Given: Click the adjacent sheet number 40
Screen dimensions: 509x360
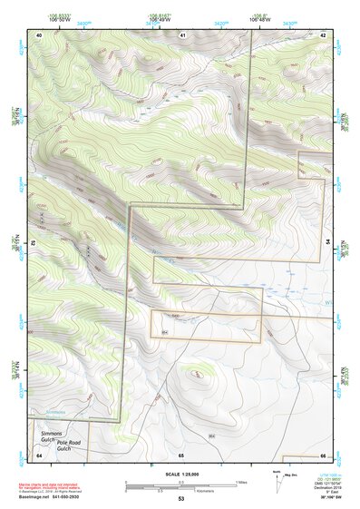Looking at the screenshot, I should click(39, 34).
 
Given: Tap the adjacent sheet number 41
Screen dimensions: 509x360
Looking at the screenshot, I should click(182, 34).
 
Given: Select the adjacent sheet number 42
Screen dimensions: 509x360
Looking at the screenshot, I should click(323, 34).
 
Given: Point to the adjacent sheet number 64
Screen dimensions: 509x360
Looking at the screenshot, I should click(39, 454).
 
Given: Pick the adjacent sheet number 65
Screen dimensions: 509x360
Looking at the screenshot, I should click(181, 454).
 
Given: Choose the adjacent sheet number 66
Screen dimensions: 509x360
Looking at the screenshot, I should click(323, 454).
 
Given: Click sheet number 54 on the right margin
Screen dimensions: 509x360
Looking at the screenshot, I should click(327, 243).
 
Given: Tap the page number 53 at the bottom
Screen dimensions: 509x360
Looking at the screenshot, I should click(180, 498).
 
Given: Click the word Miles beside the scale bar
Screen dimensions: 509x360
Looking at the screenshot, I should click(242, 482).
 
